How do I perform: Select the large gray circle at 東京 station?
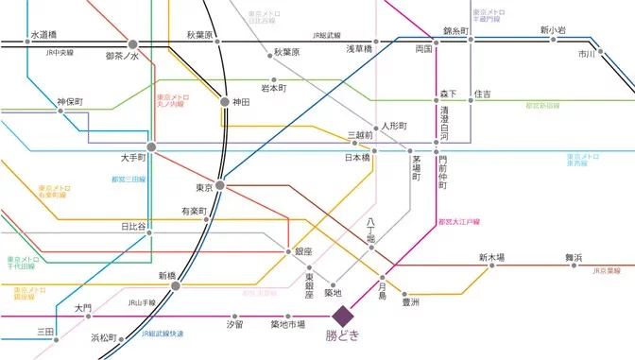219,185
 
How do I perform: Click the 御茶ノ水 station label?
122,57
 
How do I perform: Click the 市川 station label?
587,55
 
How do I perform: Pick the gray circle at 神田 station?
225,101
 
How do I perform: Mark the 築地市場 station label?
287,325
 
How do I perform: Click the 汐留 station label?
234,325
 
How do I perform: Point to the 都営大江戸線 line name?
460,221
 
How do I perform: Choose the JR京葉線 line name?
611,270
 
